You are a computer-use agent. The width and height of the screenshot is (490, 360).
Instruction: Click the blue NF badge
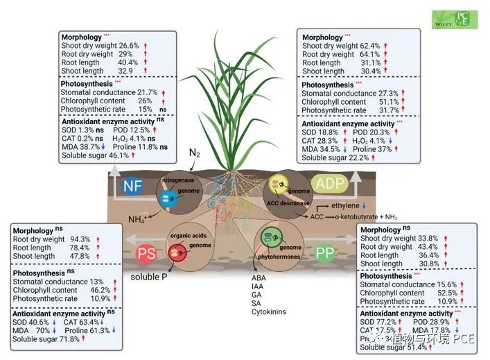click(x=132, y=185)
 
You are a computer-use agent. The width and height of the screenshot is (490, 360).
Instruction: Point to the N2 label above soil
click(x=195, y=151)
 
